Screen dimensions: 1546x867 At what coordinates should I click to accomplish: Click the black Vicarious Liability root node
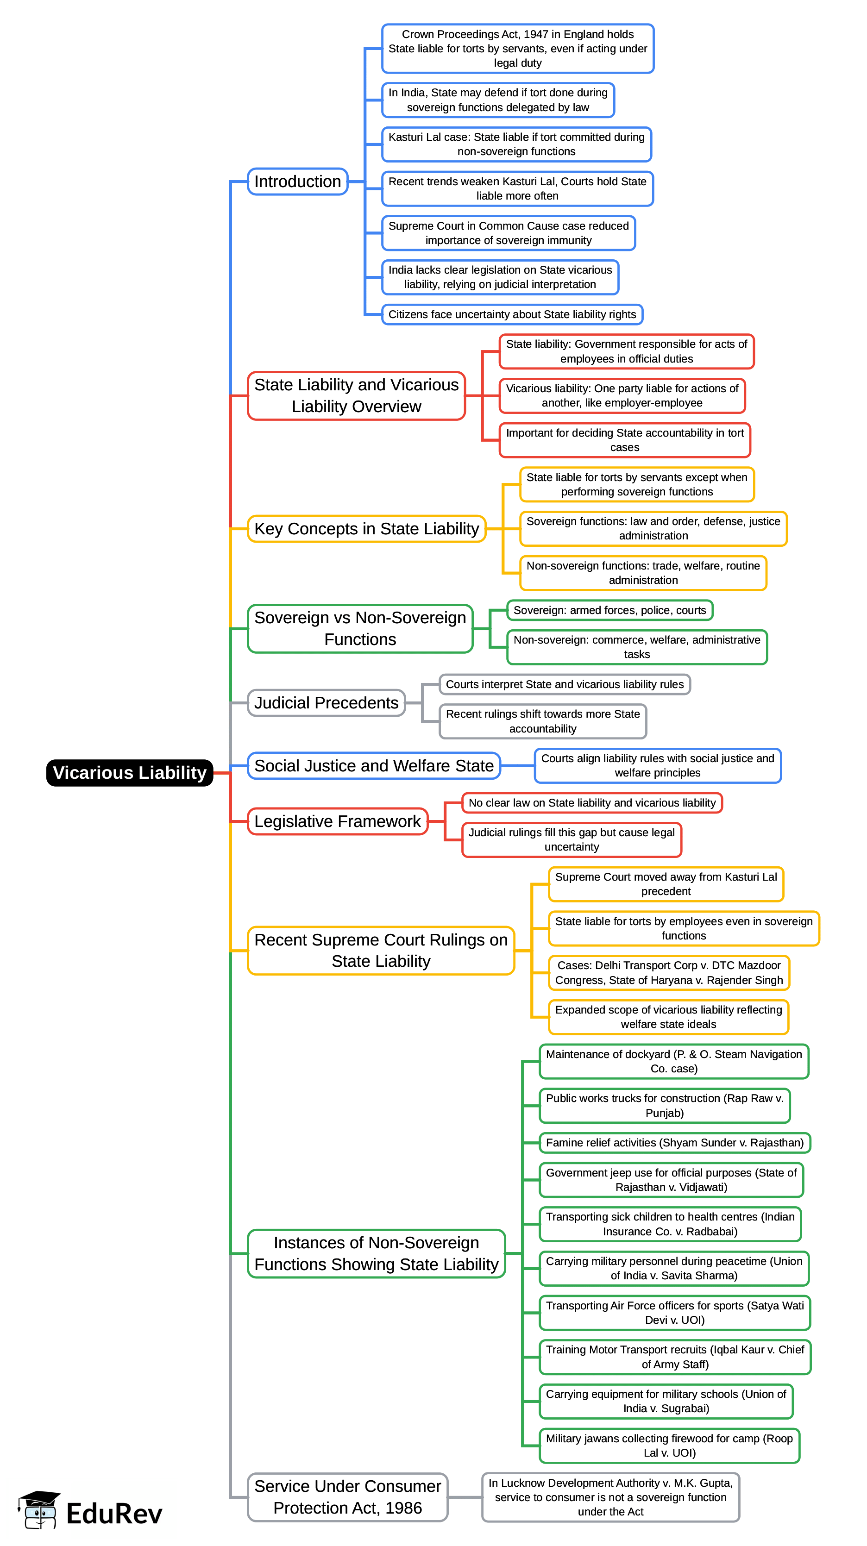click(130, 772)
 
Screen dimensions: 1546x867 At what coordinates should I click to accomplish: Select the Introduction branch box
click(297, 181)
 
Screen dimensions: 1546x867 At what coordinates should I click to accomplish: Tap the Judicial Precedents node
click(326, 703)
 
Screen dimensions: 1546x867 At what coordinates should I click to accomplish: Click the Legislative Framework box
click(338, 821)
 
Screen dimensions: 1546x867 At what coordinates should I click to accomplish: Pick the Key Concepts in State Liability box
click(366, 529)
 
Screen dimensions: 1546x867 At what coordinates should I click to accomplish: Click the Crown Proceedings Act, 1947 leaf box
click(517, 49)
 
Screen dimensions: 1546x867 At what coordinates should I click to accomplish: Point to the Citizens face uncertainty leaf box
click(512, 314)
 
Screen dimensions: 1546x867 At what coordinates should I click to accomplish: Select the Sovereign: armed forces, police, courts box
click(609, 610)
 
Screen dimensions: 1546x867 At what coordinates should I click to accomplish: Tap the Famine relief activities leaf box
click(674, 1143)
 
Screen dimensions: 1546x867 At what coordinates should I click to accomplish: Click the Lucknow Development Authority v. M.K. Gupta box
click(610, 1497)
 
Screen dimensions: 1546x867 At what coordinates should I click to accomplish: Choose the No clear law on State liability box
click(592, 803)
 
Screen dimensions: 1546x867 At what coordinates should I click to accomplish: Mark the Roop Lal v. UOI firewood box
click(669, 1446)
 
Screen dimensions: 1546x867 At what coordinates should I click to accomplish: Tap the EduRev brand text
click(114, 1514)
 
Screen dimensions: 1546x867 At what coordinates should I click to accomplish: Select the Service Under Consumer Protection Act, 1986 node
click(348, 1497)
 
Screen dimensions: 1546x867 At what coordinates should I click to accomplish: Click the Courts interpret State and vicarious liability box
click(565, 684)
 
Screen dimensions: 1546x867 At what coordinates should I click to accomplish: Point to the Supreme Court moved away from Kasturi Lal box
click(666, 884)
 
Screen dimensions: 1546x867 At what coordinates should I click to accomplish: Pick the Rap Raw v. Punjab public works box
click(665, 1106)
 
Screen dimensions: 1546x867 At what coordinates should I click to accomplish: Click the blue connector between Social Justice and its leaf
click(517, 766)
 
